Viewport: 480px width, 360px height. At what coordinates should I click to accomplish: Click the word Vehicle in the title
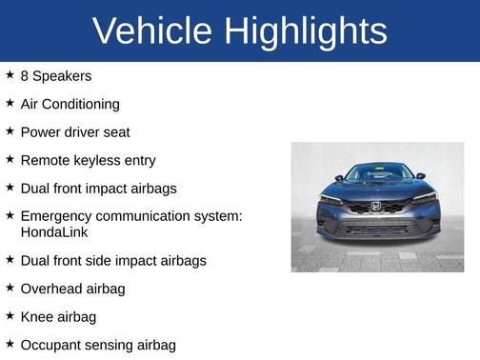tap(152, 31)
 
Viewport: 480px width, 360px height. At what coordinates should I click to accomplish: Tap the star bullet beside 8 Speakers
tap(10, 74)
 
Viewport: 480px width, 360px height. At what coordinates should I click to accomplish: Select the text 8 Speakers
tap(55, 75)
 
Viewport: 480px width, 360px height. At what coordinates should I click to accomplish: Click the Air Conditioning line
tap(70, 104)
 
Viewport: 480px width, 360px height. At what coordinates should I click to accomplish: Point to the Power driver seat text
tap(74, 132)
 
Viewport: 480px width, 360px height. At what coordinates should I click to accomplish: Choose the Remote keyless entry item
tap(88, 161)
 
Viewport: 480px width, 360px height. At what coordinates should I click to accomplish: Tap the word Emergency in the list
tap(59, 216)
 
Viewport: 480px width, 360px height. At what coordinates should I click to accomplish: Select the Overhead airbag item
tap(72, 288)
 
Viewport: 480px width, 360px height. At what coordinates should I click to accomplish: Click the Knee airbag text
tap(57, 316)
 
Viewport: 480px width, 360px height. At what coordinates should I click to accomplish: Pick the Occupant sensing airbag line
tap(98, 345)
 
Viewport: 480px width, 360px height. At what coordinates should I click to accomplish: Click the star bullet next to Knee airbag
tap(10, 315)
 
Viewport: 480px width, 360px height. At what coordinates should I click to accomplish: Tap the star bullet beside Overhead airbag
tap(10, 287)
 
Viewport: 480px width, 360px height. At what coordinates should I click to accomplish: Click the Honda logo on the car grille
tap(375, 206)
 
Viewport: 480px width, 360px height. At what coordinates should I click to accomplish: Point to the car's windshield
tap(378, 174)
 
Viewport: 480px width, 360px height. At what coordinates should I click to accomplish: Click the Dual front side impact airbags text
tap(112, 260)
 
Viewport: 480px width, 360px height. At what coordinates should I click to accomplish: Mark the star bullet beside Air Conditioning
tap(10, 103)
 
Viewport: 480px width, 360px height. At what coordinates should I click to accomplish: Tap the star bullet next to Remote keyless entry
tap(10, 160)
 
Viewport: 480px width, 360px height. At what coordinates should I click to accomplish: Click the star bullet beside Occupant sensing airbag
tap(10, 344)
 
